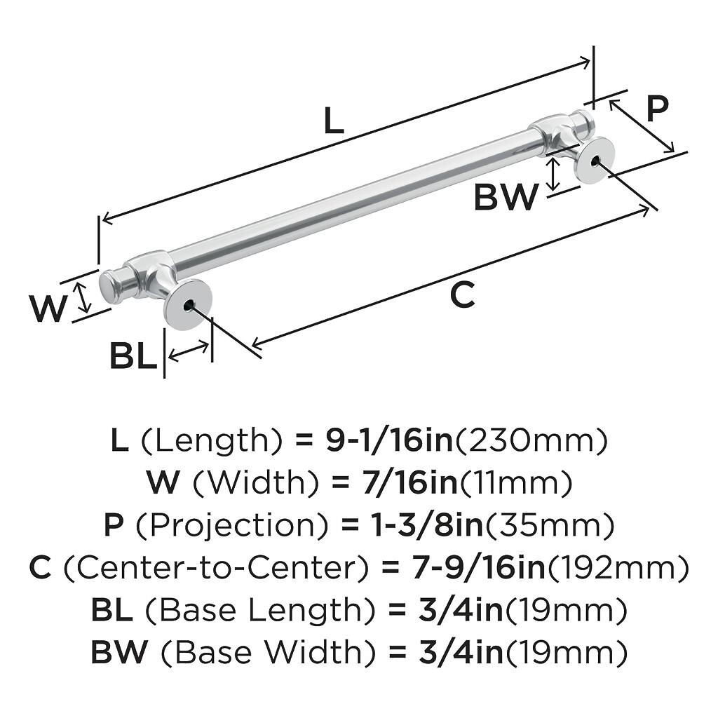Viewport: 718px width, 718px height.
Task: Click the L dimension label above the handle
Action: pyautogui.click(x=334, y=121)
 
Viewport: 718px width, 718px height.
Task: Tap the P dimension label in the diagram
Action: pyautogui.click(x=657, y=109)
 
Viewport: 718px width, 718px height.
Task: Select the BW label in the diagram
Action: pyautogui.click(x=506, y=196)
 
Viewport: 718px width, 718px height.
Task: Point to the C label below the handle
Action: pyautogui.click(x=463, y=295)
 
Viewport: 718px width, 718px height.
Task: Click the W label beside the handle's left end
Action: pyautogui.click(x=48, y=309)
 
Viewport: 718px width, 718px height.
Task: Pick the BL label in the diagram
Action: pyautogui.click(x=133, y=356)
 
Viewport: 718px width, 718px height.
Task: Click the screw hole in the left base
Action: pyautogui.click(x=188, y=306)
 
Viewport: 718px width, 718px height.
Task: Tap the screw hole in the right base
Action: pyautogui.click(x=595, y=161)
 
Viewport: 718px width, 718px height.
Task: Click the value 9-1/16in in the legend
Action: pyautogui.click(x=388, y=440)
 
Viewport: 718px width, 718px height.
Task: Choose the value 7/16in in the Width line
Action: pyautogui.click(x=409, y=482)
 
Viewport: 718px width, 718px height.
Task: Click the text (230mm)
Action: pyautogui.click(x=530, y=440)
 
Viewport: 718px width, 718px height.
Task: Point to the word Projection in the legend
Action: pyautogui.click(x=232, y=526)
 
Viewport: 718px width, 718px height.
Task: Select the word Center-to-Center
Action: pyautogui.click(x=215, y=568)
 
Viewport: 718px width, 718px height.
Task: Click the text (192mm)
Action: pyautogui.click(x=618, y=568)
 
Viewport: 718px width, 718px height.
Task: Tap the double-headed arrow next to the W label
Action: pyautogui.click(x=83, y=297)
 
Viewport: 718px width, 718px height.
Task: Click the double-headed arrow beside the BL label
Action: pyautogui.click(x=188, y=351)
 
